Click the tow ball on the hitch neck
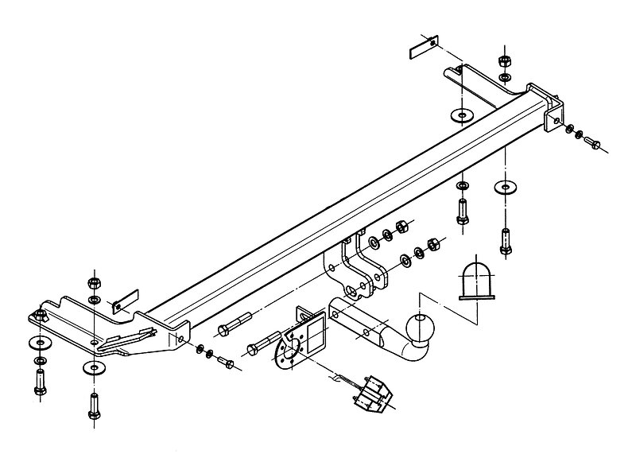point(420,326)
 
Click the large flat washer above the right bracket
point(460,113)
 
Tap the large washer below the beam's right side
point(504,188)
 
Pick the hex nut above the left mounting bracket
point(94,282)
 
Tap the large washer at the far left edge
point(37,342)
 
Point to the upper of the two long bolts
point(235,327)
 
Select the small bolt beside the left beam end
point(226,363)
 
